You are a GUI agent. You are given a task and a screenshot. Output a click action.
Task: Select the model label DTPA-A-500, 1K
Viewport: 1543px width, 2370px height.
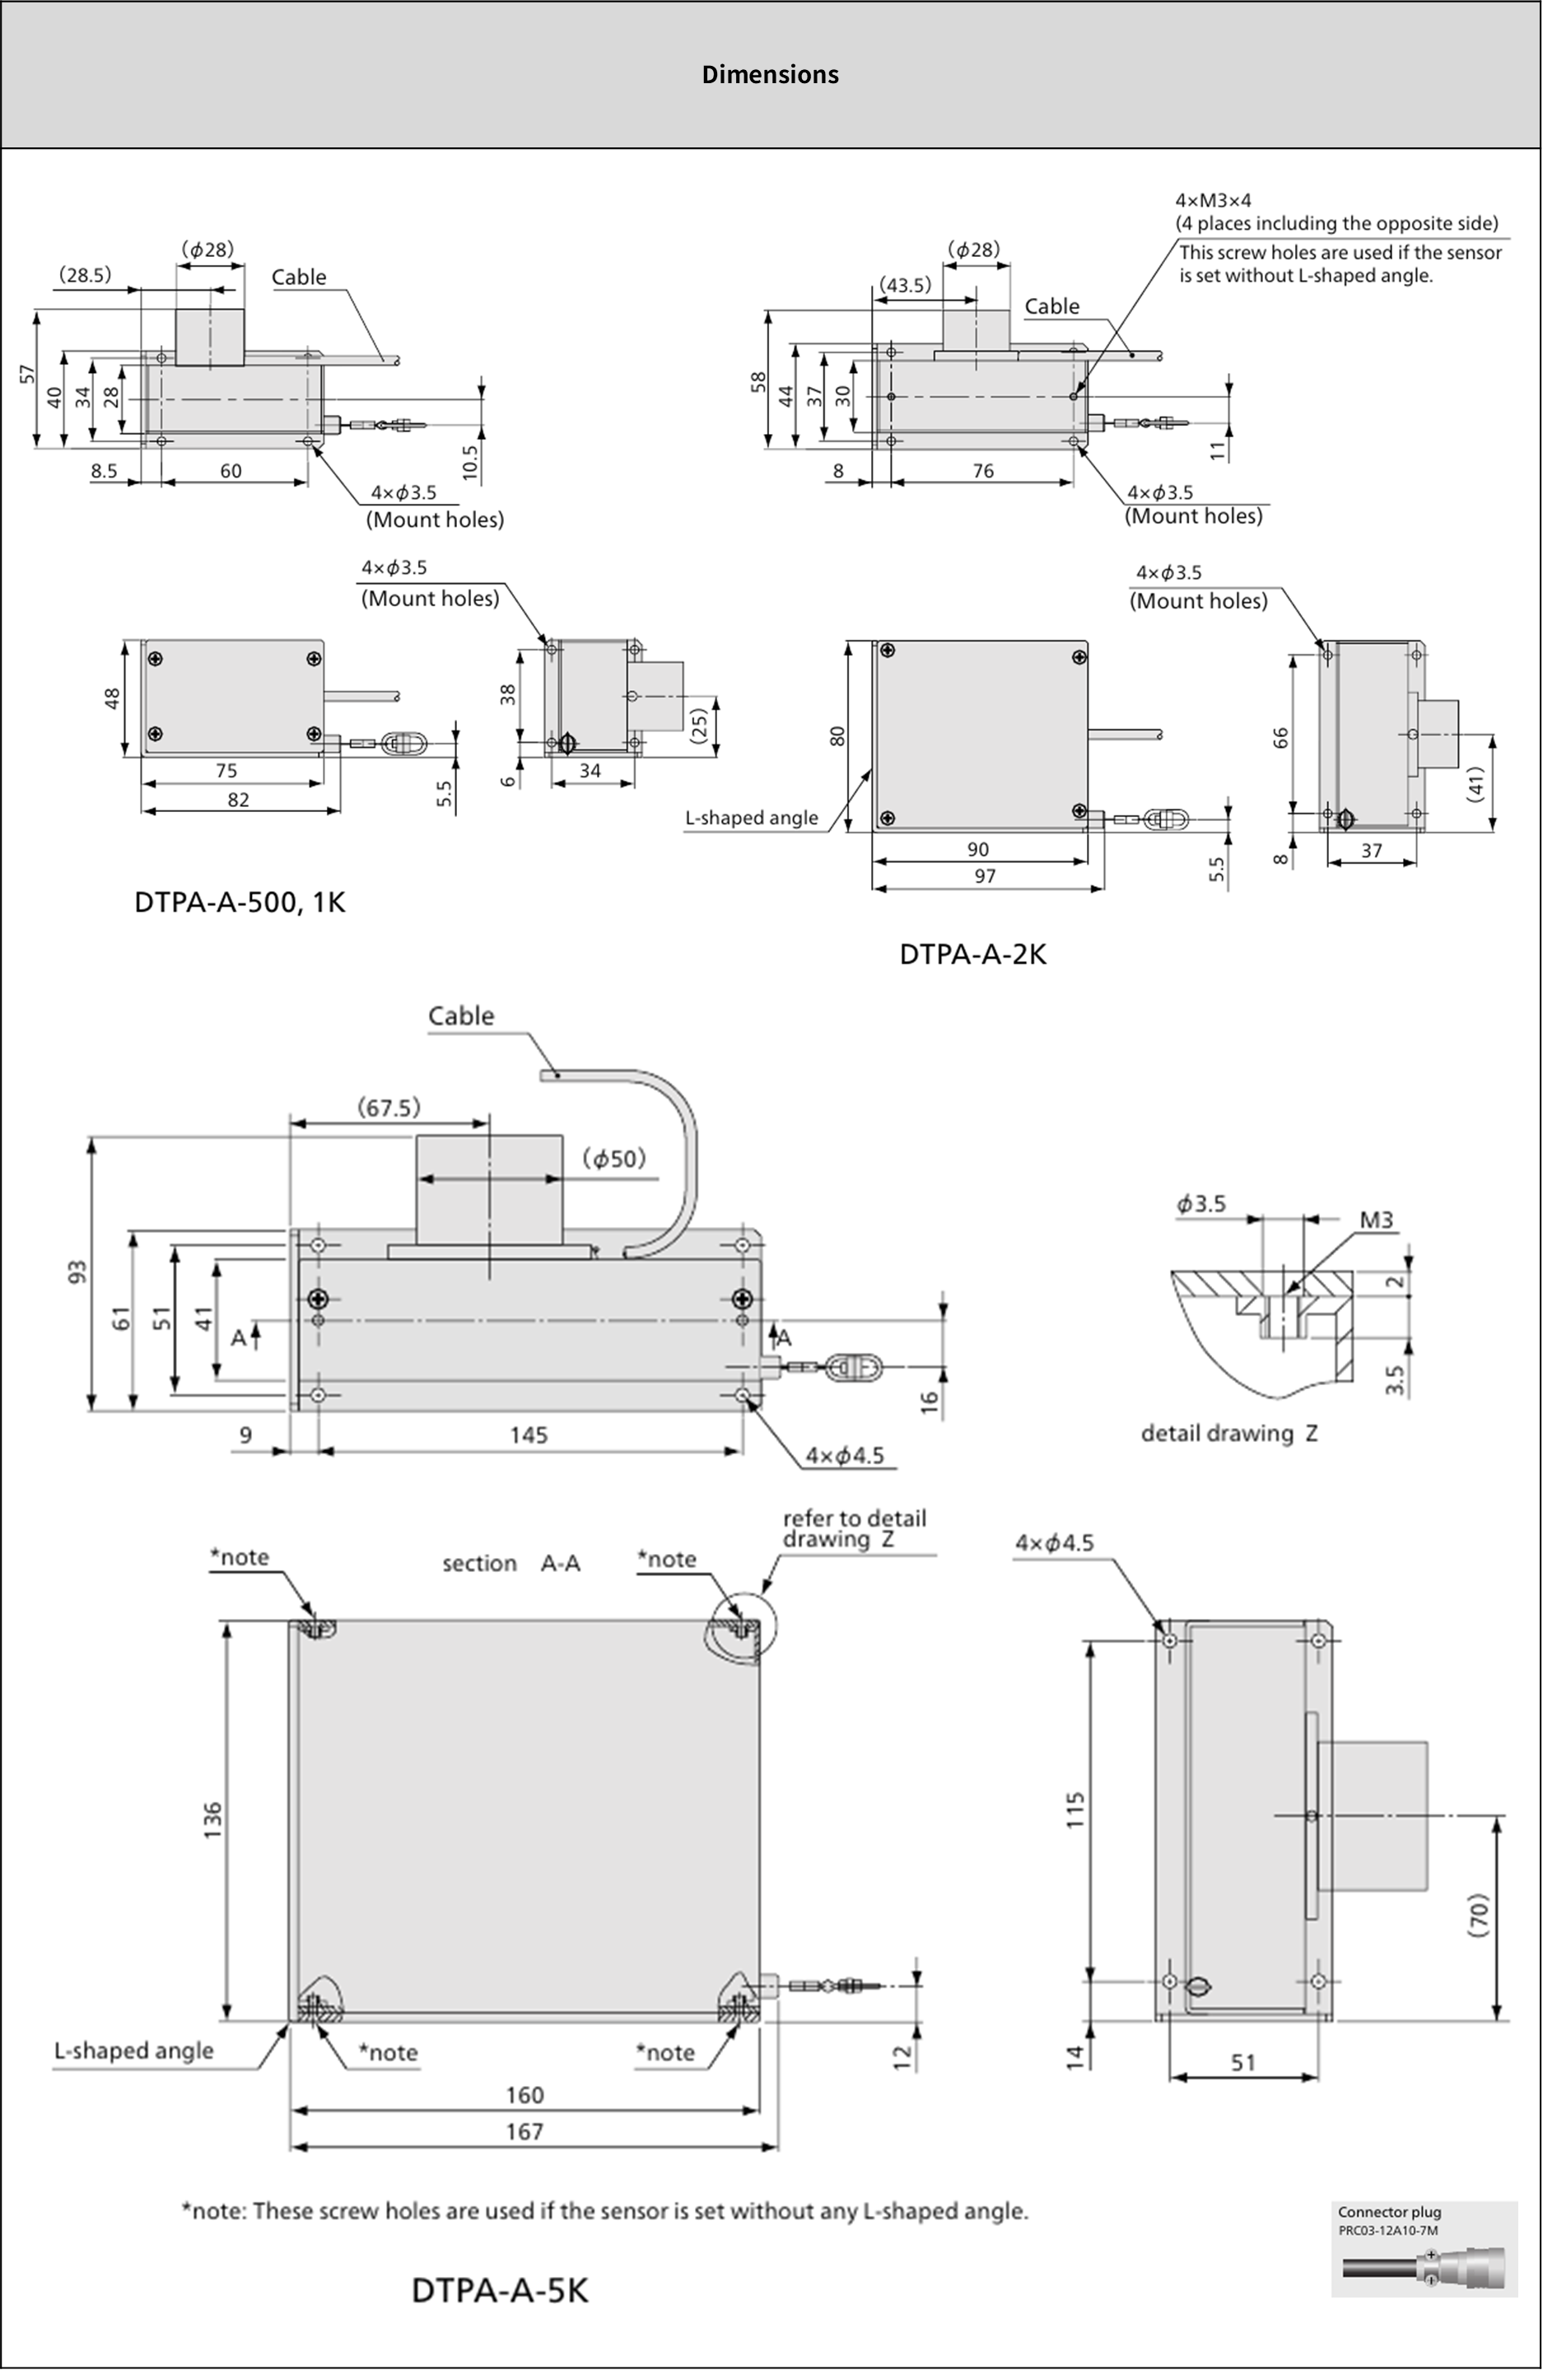[240, 903]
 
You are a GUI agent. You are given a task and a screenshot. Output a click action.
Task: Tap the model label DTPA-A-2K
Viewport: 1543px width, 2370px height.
[972, 954]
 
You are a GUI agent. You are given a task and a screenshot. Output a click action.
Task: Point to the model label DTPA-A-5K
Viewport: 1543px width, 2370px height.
[500, 2290]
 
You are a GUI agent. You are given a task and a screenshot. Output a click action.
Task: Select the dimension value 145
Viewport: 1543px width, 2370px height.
[529, 1435]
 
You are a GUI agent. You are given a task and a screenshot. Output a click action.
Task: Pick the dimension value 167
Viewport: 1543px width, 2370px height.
[524, 2131]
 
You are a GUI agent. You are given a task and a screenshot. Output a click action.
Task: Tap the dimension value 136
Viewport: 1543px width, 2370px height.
[213, 1820]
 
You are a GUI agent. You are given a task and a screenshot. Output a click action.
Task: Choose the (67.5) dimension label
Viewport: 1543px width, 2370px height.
[389, 1108]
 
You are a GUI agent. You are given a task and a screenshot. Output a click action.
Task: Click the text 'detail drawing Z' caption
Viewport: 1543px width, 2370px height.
[1228, 1433]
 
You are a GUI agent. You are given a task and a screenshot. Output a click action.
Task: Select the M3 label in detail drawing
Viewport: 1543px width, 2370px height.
[1376, 1220]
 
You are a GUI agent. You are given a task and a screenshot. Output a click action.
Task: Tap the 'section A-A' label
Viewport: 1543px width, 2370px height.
[510, 1564]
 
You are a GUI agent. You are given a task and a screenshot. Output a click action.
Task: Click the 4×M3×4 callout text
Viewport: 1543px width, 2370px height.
[1214, 200]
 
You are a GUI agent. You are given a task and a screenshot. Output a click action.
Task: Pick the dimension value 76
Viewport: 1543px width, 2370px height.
[982, 471]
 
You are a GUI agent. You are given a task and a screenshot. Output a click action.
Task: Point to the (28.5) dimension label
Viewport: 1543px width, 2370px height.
[85, 275]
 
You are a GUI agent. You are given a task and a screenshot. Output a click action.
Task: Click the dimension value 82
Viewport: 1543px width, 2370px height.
[238, 800]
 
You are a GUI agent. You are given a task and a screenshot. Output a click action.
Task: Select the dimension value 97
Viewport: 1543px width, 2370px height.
[985, 875]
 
